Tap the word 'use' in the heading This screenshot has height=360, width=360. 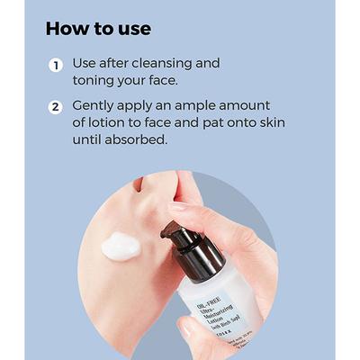[x=132, y=29]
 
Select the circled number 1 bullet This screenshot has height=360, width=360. [x=56, y=66]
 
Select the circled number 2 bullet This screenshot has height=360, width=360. [x=56, y=107]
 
